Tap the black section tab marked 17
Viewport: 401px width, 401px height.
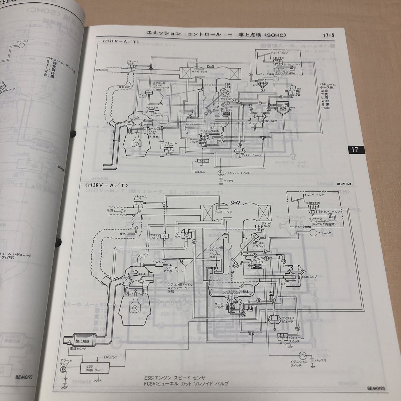[355, 150]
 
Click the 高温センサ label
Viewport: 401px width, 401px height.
[76, 348]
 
